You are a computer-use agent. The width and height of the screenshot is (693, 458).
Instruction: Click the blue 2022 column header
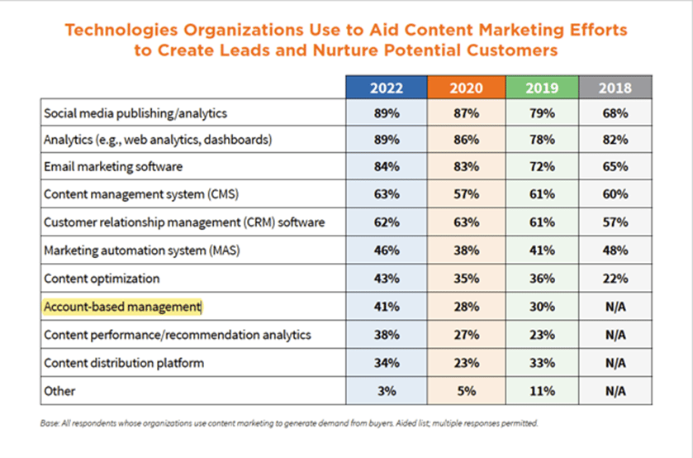click(386, 87)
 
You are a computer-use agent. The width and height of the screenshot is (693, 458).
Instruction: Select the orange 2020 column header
click(467, 87)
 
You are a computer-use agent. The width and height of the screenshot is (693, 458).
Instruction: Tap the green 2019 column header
click(542, 87)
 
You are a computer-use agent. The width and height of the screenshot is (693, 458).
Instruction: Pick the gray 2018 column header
click(615, 87)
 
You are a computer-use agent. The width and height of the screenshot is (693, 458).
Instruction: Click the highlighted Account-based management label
click(122, 307)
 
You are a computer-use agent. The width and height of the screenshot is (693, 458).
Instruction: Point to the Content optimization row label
click(101, 279)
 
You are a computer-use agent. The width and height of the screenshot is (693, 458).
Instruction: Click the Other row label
click(60, 390)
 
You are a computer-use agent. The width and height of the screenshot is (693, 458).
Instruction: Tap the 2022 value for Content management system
click(386, 195)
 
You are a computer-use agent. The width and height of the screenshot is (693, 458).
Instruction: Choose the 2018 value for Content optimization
click(615, 279)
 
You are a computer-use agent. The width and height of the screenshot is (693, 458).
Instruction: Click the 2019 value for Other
click(542, 390)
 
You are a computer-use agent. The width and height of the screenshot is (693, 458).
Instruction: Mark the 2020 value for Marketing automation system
click(467, 250)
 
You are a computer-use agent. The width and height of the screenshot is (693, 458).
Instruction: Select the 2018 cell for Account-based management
click(615, 307)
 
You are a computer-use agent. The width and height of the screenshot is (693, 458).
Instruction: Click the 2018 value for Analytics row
click(615, 140)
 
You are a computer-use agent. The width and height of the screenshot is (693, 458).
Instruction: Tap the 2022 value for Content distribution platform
click(386, 362)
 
